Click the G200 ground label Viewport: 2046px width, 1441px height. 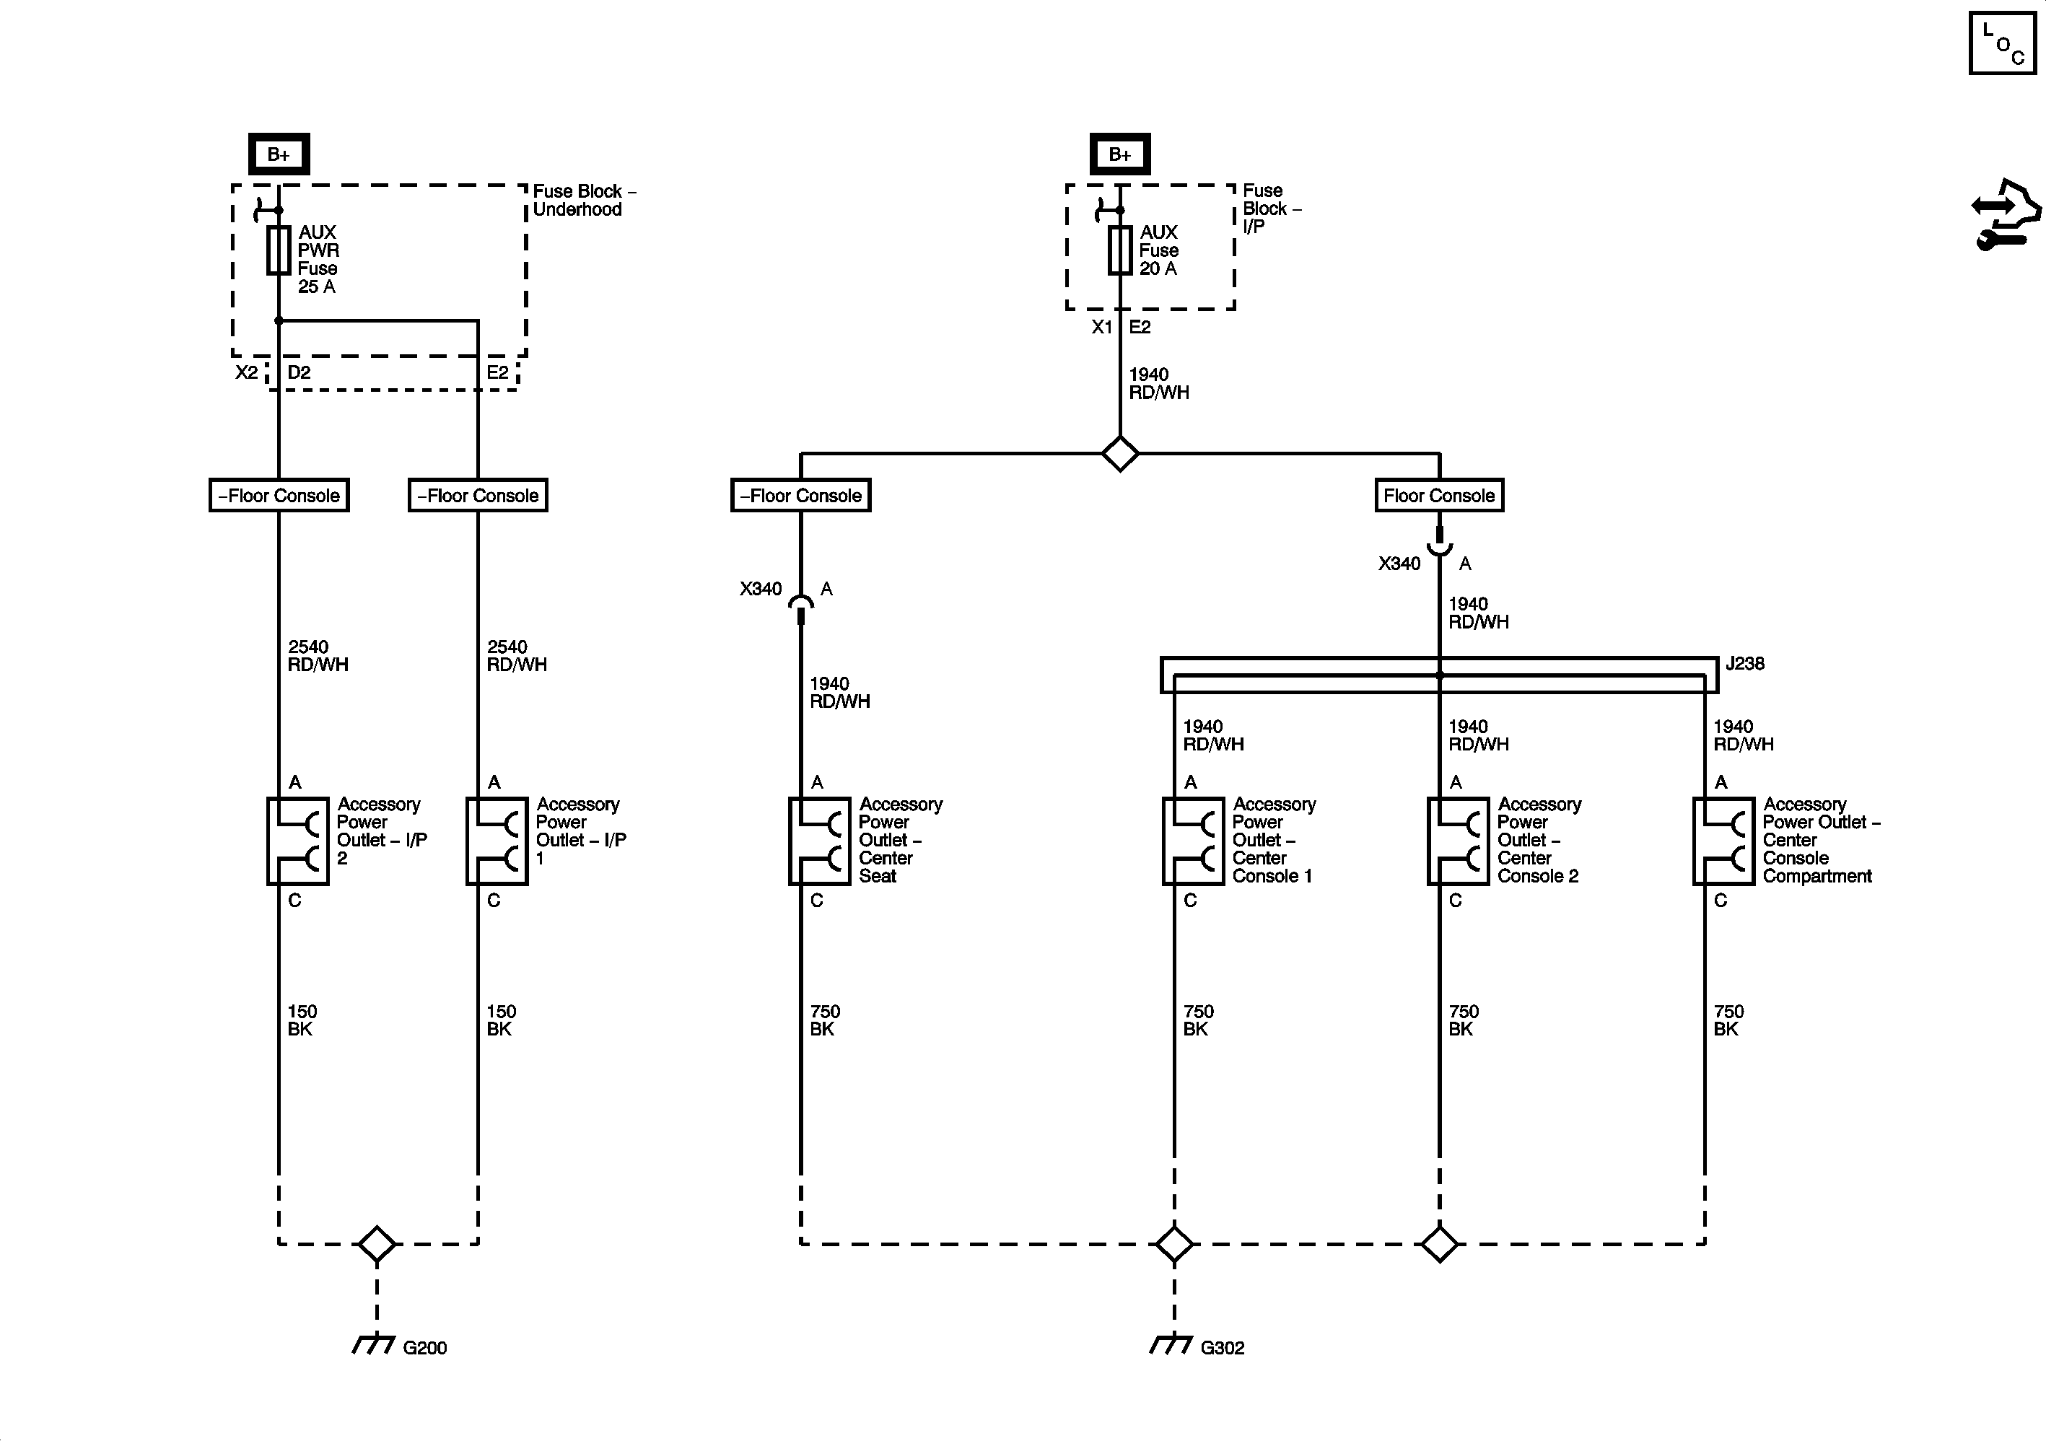(424, 1347)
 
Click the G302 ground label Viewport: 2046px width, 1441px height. (1222, 1347)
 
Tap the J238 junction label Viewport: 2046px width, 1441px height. (1745, 663)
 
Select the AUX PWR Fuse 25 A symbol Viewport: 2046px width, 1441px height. (279, 250)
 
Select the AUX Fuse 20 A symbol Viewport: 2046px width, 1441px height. (1120, 250)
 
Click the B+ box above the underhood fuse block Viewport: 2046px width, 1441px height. (279, 154)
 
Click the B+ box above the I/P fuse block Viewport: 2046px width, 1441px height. (1120, 154)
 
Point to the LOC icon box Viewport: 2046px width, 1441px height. (2002, 43)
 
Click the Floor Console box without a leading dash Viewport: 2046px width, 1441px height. (1439, 496)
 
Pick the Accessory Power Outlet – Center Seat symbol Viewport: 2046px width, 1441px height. (820, 841)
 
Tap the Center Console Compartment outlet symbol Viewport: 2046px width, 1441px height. (1724, 841)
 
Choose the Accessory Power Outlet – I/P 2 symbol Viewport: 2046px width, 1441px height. (297, 841)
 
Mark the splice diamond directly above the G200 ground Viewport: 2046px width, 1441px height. (377, 1244)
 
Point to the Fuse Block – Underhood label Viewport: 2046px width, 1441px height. (585, 201)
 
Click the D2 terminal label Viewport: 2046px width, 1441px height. (299, 372)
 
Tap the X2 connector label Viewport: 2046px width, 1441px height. (247, 372)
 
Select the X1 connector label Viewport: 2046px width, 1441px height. (1102, 327)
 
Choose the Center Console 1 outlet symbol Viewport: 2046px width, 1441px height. (1193, 841)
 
